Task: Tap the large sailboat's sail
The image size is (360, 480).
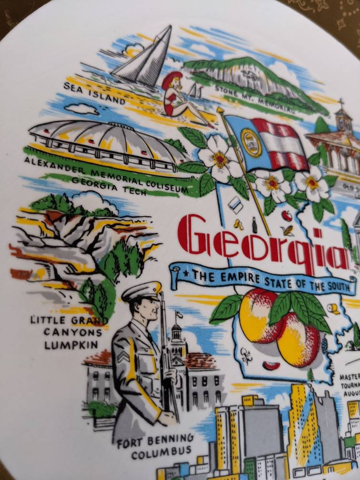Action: (x=148, y=55)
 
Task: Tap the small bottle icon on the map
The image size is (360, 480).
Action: (x=254, y=225)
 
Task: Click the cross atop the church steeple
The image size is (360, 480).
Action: (x=341, y=103)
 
